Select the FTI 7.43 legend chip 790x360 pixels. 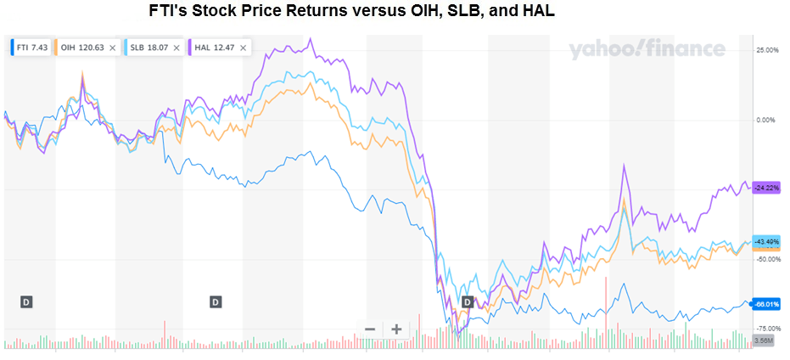[31, 48]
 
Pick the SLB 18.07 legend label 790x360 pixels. [147, 48]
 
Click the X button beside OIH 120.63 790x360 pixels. [112, 48]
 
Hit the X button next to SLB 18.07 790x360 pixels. [176, 48]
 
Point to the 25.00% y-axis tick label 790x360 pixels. [768, 50]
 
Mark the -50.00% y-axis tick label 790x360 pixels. [767, 259]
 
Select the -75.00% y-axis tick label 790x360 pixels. [767, 329]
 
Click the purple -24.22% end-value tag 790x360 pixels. [767, 188]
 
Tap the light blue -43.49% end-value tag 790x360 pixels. [767, 240]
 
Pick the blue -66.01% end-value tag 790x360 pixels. [767, 304]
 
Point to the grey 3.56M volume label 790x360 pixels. [762, 340]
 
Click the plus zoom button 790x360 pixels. [396, 329]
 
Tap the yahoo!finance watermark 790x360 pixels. [647, 49]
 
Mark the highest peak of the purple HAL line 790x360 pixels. [311, 38]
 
